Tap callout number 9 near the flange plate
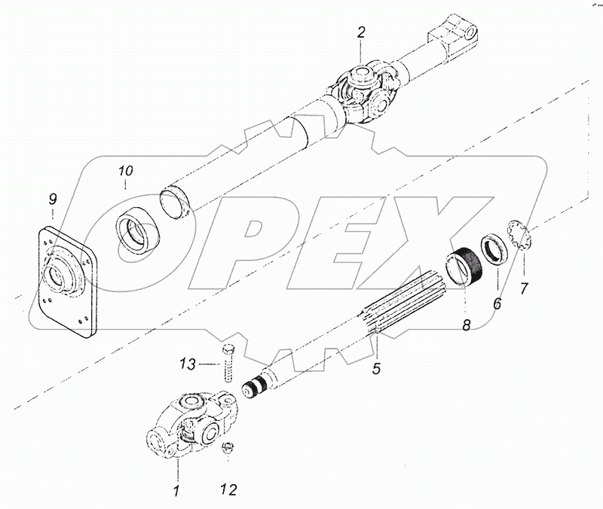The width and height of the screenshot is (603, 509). [52, 200]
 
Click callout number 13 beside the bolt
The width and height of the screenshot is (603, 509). [188, 365]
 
